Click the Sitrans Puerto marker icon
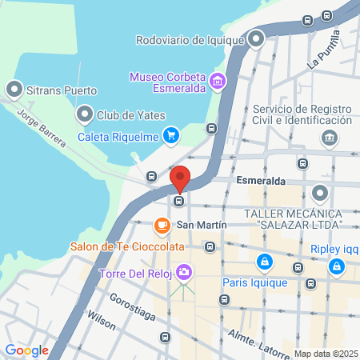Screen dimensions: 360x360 [x=14, y=89]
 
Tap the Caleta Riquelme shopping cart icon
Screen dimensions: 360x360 [x=170, y=135]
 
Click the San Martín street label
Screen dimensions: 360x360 [x=196, y=226]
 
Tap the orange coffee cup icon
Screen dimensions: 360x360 [x=162, y=226]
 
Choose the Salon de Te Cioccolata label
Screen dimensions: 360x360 [x=118, y=246]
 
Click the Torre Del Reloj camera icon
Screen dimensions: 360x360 [x=185, y=273]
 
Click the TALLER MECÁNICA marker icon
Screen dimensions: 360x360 [x=321, y=193]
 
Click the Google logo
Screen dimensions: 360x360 [x=26, y=350]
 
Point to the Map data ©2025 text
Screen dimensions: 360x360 [x=325, y=354]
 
